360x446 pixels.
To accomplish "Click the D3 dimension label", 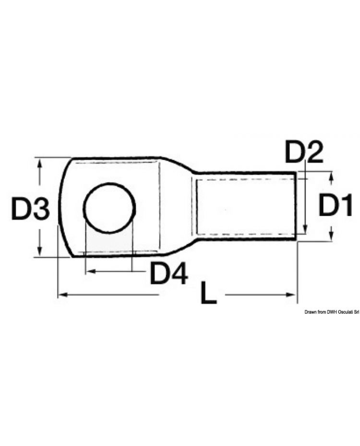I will click(30, 210).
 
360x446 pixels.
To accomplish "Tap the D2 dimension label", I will click(304, 153).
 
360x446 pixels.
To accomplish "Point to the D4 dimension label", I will click(168, 273).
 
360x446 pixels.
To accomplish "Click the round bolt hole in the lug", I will click(109, 208).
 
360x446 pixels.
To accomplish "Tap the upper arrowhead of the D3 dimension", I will click(40, 164).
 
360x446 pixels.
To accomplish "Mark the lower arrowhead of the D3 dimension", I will click(40, 252).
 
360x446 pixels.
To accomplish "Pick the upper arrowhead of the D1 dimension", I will click(331, 177).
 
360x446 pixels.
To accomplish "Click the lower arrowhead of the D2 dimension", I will click(305, 230).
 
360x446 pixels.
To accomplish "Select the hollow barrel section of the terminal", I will click(245, 206).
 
